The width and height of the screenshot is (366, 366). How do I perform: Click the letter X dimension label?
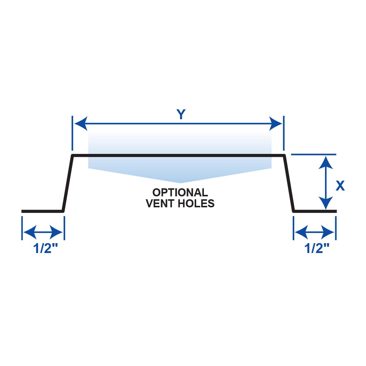[340, 186]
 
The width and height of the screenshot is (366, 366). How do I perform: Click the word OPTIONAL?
[180, 192]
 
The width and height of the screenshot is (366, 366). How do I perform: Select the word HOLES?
[197, 204]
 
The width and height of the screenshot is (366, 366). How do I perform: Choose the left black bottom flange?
[42, 211]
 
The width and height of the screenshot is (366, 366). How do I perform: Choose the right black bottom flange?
[315, 211]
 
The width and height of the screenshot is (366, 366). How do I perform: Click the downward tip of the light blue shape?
[180, 182]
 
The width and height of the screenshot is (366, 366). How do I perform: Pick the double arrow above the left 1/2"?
[43, 232]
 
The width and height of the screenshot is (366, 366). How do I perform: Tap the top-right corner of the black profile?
[284, 156]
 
